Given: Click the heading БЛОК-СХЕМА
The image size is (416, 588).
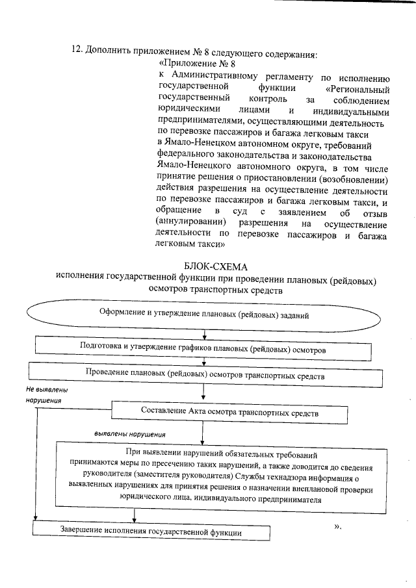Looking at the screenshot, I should point(216,266).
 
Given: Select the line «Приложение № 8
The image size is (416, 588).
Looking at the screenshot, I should point(196,64).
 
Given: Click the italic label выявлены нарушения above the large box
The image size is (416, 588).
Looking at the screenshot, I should point(129,433).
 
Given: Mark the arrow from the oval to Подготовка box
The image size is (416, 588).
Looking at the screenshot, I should point(205,334).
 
